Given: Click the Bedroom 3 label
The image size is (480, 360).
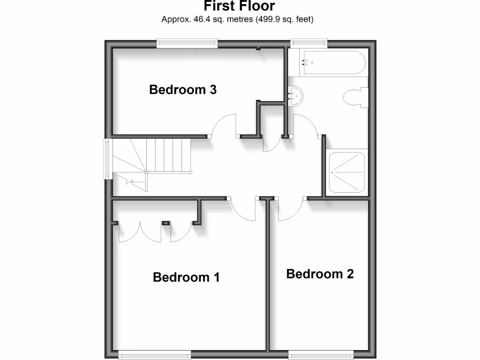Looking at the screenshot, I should [x=183, y=90].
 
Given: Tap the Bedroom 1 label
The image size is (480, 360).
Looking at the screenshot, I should [x=186, y=277].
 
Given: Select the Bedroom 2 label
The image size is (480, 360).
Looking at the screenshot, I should [x=320, y=274].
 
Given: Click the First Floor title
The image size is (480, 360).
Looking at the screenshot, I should [x=240, y=6].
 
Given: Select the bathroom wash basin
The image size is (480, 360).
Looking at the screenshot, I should [x=296, y=96].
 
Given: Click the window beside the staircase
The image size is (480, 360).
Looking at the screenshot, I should [x=108, y=159].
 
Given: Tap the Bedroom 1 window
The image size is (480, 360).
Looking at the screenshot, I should [x=155, y=356].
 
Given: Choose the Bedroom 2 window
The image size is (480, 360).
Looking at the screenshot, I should [x=321, y=356].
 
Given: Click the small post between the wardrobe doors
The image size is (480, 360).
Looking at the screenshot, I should [x=165, y=223].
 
